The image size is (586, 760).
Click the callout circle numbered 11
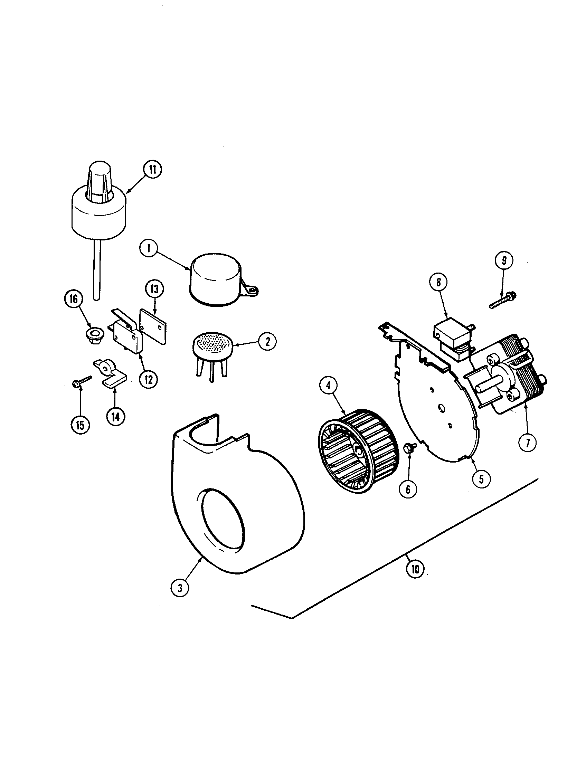152,170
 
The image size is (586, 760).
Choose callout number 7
527,443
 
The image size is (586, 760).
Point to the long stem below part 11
97,270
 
